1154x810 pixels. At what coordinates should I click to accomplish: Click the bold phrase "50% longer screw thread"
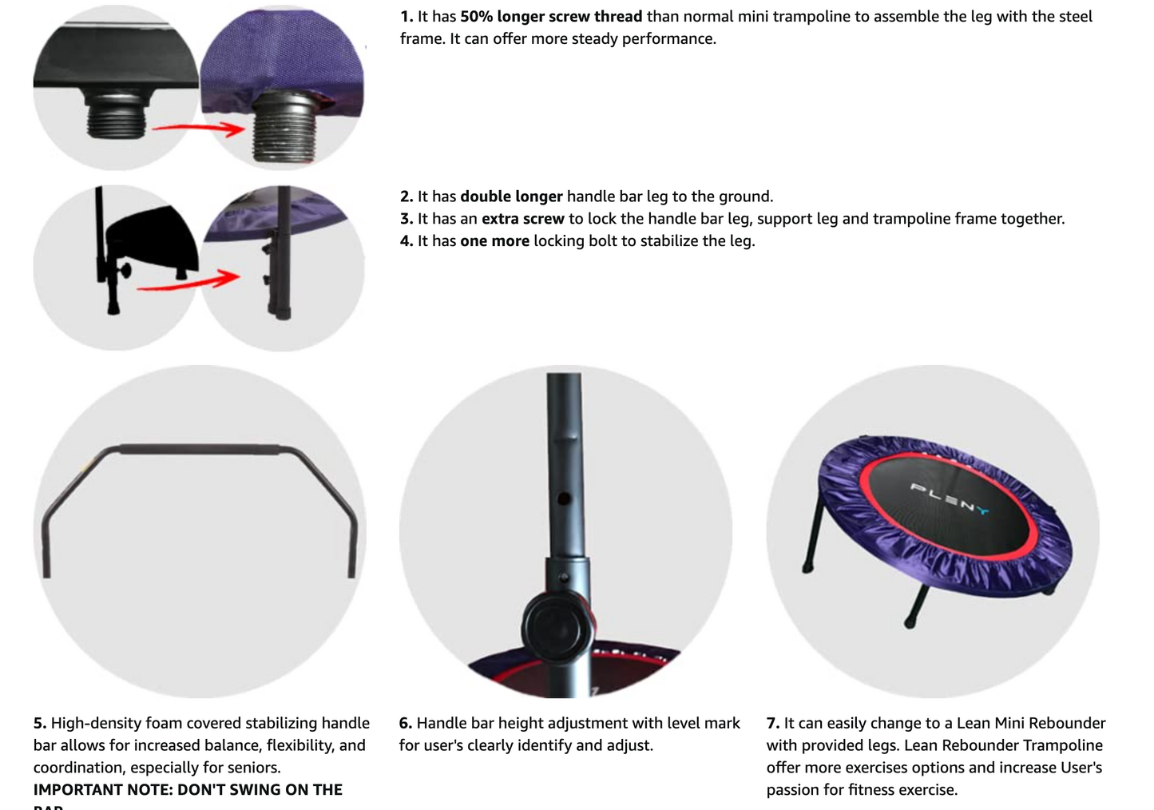click(551, 17)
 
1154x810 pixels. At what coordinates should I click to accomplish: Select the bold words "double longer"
click(511, 197)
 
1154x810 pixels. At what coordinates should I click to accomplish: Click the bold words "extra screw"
click(523, 219)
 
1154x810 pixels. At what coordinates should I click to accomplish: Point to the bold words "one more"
click(494, 241)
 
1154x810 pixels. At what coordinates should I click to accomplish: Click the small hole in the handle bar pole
click(564, 498)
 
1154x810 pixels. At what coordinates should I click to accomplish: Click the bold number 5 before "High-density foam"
click(39, 724)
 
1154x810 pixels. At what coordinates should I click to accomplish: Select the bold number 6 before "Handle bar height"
click(405, 724)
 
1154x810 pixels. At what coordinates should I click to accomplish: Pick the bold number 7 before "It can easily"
click(772, 724)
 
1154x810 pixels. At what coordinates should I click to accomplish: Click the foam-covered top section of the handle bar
click(200, 450)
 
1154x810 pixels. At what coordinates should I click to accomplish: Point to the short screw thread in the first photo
click(117, 120)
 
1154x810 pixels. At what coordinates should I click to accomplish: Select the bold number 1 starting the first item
click(406, 17)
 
